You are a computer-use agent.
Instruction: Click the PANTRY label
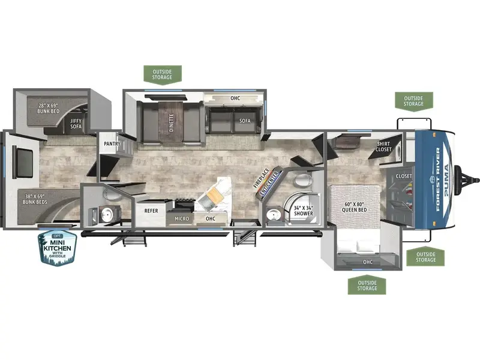pyautogui.click(x=112, y=143)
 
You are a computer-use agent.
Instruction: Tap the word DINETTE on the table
pyautogui.click(x=171, y=122)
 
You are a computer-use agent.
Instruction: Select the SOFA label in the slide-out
pyautogui.click(x=245, y=121)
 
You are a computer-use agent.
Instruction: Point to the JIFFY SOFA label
pyautogui.click(x=76, y=124)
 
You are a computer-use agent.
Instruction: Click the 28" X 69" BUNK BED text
pyautogui.click(x=48, y=109)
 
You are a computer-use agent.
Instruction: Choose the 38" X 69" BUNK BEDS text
pyautogui.click(x=35, y=199)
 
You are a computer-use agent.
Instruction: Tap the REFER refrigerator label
pyautogui.click(x=151, y=211)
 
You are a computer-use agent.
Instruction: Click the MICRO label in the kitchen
pyautogui.click(x=182, y=218)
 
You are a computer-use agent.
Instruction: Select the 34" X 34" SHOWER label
pyautogui.click(x=304, y=211)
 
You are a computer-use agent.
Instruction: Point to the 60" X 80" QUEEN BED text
pyautogui.click(x=354, y=207)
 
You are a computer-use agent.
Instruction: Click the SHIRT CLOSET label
pyautogui.click(x=383, y=146)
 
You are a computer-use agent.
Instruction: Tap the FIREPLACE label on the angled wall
pyautogui.click(x=261, y=178)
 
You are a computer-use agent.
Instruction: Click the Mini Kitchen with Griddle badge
pyautogui.click(x=57, y=248)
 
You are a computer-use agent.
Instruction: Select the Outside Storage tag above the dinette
pyautogui.click(x=163, y=74)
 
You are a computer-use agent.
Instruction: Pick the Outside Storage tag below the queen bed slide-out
pyautogui.click(x=367, y=286)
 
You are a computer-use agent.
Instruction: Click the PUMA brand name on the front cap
pyautogui.click(x=446, y=181)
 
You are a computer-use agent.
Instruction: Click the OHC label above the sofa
pyautogui.click(x=235, y=98)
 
